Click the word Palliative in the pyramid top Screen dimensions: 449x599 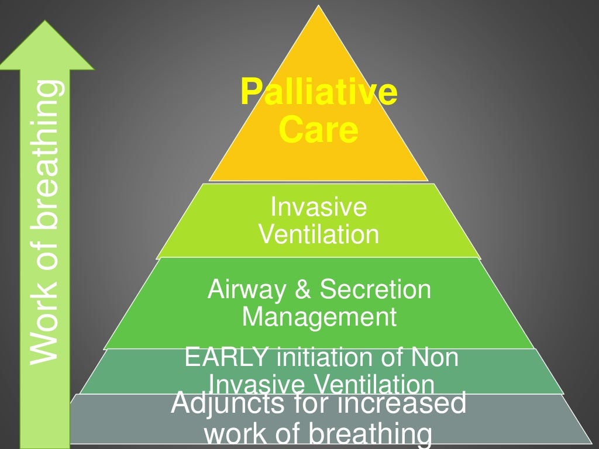pos(319,92)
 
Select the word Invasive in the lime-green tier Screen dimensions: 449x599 pos(319,207)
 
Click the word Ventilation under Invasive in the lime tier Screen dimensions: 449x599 pos(319,234)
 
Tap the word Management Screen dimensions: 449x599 pos(319,317)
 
